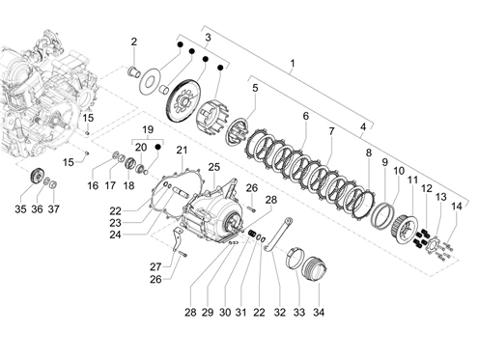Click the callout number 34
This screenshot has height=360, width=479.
coord(319,312)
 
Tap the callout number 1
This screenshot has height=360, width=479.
coord(293,64)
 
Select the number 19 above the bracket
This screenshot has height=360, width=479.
coord(148,130)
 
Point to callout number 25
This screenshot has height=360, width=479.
coord(214,167)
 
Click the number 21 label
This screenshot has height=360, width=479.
coord(182,150)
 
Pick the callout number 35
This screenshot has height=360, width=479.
coord(20,209)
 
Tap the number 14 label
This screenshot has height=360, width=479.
coord(457,207)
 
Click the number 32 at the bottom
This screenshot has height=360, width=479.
coord(280,312)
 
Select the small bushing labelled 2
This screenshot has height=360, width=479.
coord(133,72)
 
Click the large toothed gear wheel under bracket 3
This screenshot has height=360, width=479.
coord(184,100)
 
